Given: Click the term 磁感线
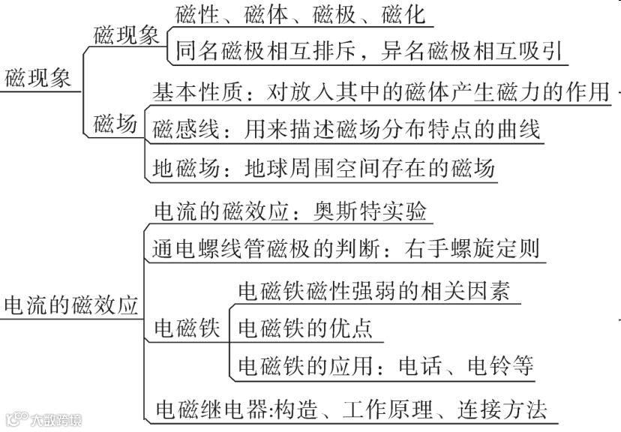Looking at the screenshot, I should pos(177,130).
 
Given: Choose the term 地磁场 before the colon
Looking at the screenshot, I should pos(177,168).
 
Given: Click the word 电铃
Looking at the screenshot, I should pos(489,366).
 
